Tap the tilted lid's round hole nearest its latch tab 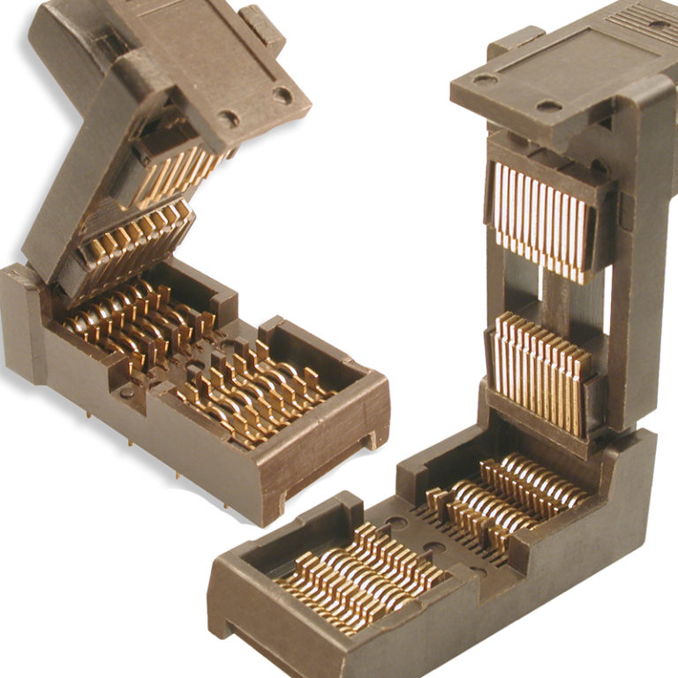(282, 94)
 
